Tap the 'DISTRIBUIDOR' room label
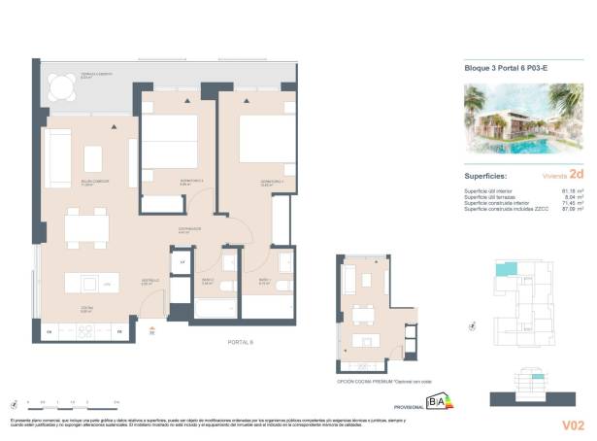[x=189, y=230]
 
